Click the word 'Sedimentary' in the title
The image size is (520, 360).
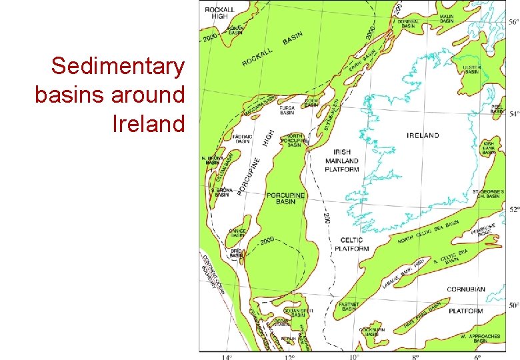pyautogui.click(x=117, y=67)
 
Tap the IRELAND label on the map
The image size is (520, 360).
pyautogui.click(x=423, y=135)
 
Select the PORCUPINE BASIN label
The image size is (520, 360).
pyautogui.click(x=285, y=198)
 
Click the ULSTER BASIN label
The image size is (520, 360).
pyautogui.click(x=471, y=69)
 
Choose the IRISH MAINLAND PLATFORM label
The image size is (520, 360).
pyautogui.click(x=342, y=161)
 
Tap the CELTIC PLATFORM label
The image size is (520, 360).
pyautogui.click(x=351, y=244)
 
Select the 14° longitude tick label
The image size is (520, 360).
pyautogui.click(x=227, y=357)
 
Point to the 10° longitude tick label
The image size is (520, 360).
pyautogui.click(x=353, y=357)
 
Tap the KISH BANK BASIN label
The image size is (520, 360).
pyautogui.click(x=489, y=147)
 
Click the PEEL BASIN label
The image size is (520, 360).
pyautogui.click(x=497, y=109)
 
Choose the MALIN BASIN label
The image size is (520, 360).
pyautogui.click(x=447, y=19)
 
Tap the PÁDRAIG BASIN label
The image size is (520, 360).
pyautogui.click(x=242, y=139)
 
